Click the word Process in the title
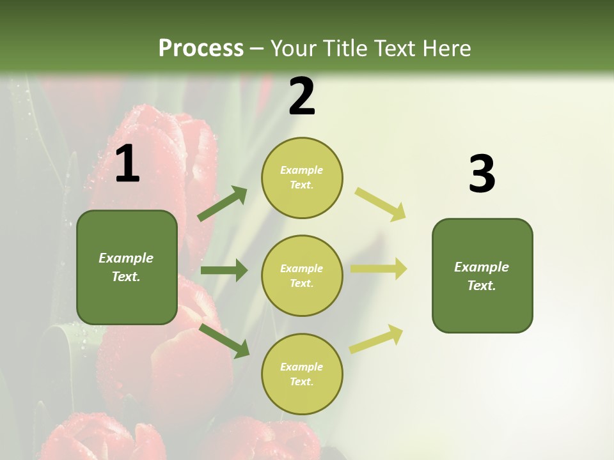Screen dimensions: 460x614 (201, 48)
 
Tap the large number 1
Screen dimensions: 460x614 (127, 164)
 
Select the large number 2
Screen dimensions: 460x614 (302, 97)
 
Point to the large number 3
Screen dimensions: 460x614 (482, 174)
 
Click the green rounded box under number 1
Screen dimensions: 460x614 (127, 267)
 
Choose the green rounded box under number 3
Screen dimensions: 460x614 (482, 276)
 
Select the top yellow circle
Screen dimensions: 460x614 (302, 178)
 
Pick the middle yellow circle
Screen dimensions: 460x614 (302, 276)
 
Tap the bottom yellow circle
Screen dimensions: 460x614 (302, 374)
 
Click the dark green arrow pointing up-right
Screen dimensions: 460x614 (223, 204)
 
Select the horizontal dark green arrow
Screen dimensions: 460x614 (224, 270)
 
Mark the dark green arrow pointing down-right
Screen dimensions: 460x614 (224, 341)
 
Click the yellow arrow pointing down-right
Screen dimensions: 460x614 (381, 204)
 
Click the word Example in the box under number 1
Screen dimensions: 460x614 (126, 258)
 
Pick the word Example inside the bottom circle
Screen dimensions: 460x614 (302, 367)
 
